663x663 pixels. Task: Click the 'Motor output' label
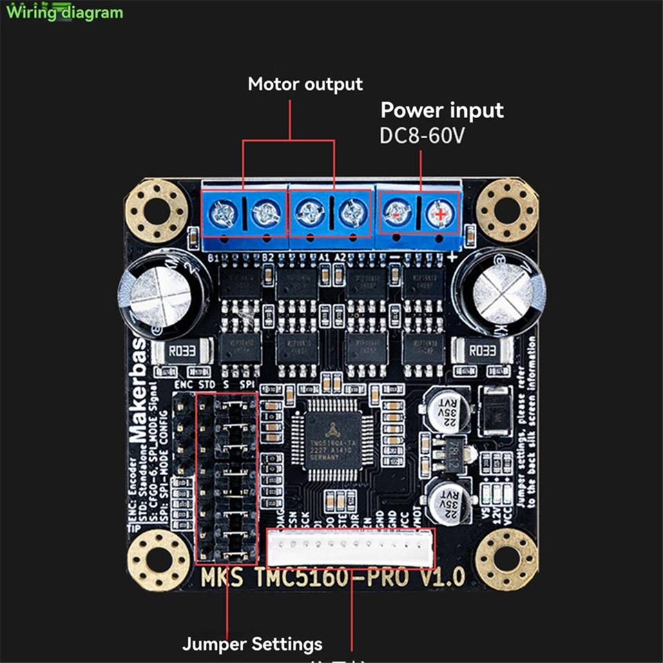tap(305, 84)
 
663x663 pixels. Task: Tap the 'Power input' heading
tap(442, 110)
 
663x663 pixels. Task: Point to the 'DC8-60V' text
tap(422, 135)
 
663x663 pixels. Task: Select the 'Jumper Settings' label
tap(252, 644)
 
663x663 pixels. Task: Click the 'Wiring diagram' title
tap(65, 12)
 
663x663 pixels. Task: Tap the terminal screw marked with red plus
tap(440, 215)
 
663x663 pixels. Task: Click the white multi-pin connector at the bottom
tap(351, 548)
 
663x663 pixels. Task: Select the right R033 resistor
tap(482, 352)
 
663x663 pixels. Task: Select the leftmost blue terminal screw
tap(224, 214)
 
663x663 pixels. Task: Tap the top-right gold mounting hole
tap(508, 209)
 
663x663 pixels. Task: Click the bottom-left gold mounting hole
tap(160, 559)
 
